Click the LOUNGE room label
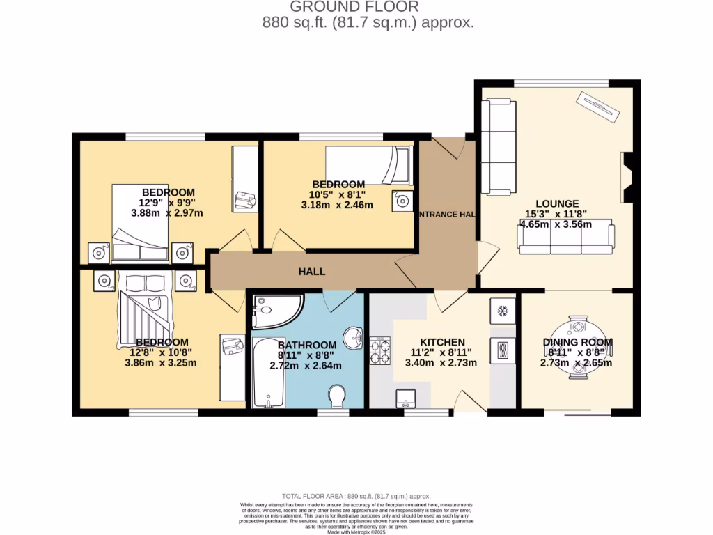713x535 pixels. tap(557, 203)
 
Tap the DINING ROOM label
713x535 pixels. tap(577, 342)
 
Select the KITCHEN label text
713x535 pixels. tap(441, 342)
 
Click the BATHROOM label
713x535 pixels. tap(307, 345)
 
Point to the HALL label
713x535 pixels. tap(313, 272)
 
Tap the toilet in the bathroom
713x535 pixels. tap(338, 396)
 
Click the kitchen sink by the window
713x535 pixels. tap(406, 398)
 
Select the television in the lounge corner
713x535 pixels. tap(597, 108)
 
